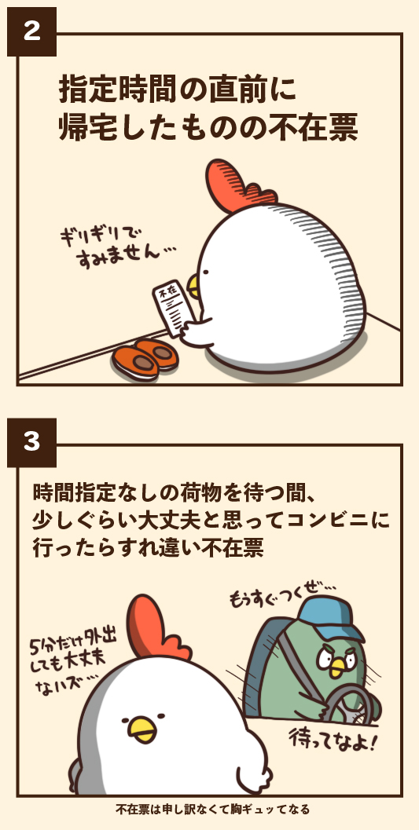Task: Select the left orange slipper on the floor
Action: [x=135, y=361]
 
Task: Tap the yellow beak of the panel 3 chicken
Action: [x=142, y=729]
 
